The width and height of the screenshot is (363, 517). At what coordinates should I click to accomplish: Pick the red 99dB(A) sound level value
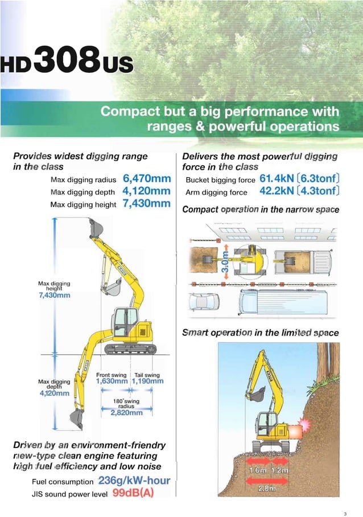click(133, 493)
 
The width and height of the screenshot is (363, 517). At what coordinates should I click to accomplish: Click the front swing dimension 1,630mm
click(112, 381)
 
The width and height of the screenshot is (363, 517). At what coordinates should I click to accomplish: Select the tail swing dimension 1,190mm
click(147, 381)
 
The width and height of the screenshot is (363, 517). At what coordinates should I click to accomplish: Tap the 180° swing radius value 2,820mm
click(126, 413)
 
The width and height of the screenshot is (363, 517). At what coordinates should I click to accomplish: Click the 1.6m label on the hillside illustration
click(258, 470)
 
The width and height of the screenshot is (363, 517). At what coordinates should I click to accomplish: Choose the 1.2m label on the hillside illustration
click(279, 470)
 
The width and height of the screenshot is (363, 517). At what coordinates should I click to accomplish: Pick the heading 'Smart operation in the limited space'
click(260, 333)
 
